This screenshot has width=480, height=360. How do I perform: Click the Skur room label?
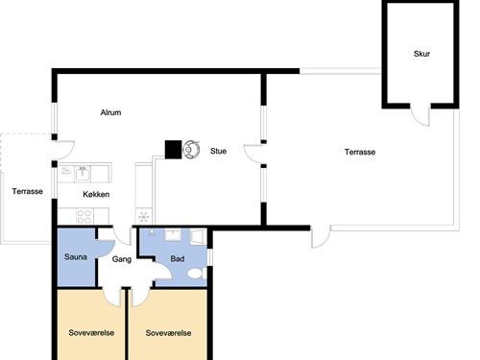[x=422, y=54]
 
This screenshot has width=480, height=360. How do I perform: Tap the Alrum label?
[x=110, y=113]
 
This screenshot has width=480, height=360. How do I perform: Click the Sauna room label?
[x=76, y=258]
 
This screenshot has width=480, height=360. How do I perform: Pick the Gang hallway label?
[x=122, y=259]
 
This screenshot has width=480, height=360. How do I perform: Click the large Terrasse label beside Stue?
[x=360, y=153]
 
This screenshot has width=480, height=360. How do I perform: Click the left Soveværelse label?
[x=91, y=333]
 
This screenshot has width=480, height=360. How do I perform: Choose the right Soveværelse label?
[x=169, y=333]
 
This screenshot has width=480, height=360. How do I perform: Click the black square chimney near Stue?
[x=174, y=149]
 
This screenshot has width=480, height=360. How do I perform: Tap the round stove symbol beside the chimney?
[x=192, y=149]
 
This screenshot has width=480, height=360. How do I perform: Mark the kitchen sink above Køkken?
[x=83, y=173]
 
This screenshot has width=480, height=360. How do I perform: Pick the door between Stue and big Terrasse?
[x=253, y=154]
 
